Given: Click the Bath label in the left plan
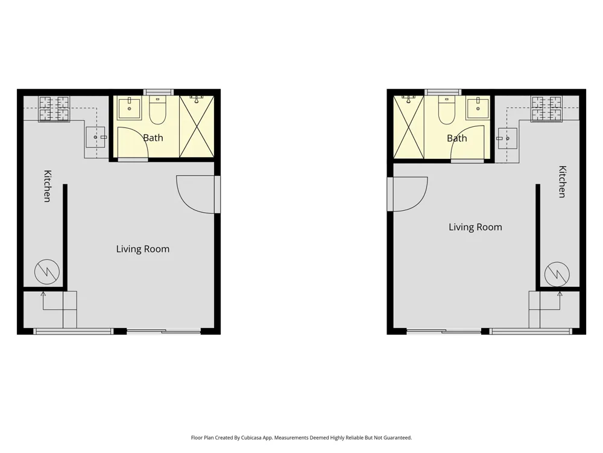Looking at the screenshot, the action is click(x=153, y=138).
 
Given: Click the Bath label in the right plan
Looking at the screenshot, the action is click(x=457, y=138).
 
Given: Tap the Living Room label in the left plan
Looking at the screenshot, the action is click(x=143, y=249).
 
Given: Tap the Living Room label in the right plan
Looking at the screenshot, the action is click(x=475, y=227).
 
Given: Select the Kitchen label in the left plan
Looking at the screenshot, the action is click(x=47, y=185).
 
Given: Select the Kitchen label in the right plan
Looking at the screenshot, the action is click(x=562, y=181).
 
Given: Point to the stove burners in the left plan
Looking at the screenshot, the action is click(x=54, y=109).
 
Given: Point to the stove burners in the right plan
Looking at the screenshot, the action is click(x=546, y=109).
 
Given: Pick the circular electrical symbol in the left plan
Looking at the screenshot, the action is click(x=47, y=272).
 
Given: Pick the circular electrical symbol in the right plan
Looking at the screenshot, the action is click(x=557, y=274).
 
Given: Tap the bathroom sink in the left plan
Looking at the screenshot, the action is click(x=129, y=108).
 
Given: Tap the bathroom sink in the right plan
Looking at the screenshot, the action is click(x=478, y=108).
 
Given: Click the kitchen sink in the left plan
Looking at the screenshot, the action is click(x=96, y=137).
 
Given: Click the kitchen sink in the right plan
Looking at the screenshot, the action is click(x=507, y=138).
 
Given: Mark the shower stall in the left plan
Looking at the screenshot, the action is click(x=197, y=126).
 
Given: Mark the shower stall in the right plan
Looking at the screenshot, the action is click(x=409, y=127).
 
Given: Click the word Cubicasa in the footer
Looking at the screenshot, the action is click(x=251, y=437).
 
